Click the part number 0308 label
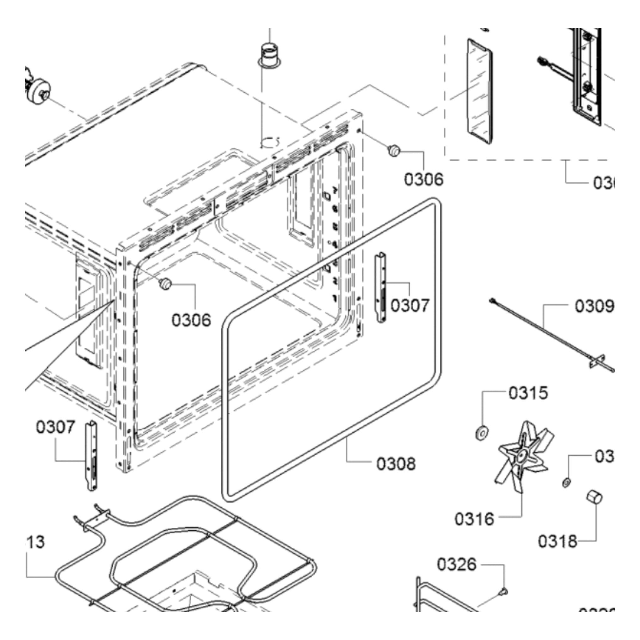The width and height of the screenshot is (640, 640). click(x=396, y=464)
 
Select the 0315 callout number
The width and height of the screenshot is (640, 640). click(x=528, y=393)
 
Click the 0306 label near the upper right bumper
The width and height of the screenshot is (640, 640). click(x=423, y=180)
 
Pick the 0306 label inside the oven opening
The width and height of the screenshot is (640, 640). click(x=191, y=320)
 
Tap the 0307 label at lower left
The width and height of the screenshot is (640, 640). click(x=56, y=427)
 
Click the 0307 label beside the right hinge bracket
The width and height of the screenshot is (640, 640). click(x=410, y=305)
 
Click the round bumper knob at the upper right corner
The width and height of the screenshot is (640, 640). click(x=394, y=151)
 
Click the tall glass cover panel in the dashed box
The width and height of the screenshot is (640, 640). click(x=479, y=92)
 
